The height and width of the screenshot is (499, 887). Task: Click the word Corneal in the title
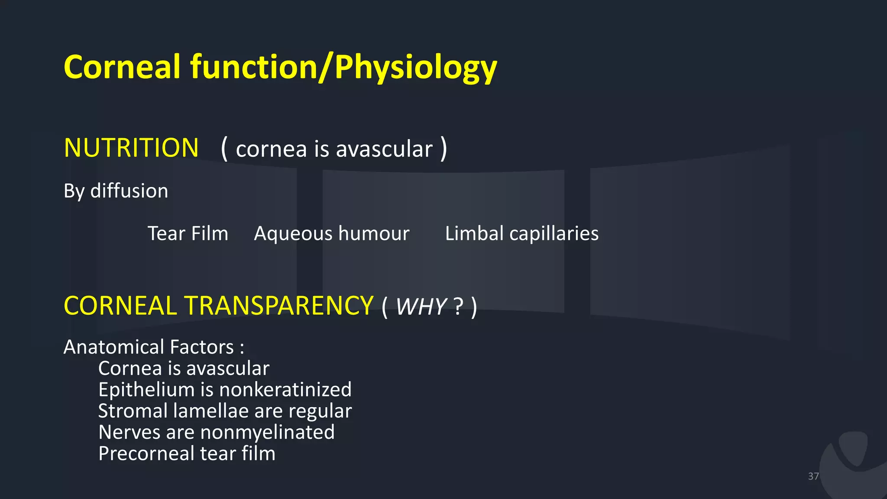(x=122, y=67)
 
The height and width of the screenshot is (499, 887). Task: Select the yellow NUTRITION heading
(x=131, y=148)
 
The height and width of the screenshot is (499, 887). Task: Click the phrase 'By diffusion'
(x=116, y=191)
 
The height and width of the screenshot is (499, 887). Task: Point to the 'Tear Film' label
(x=188, y=233)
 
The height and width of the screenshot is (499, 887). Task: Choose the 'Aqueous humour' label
(x=331, y=233)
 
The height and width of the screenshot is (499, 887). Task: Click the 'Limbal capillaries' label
(x=521, y=233)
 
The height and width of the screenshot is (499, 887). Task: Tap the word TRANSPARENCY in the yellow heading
(x=279, y=305)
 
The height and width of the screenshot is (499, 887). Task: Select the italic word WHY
(x=421, y=307)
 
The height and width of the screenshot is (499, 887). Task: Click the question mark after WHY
(x=458, y=307)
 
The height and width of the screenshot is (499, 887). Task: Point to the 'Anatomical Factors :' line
(x=154, y=347)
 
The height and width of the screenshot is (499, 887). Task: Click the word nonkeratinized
(x=285, y=389)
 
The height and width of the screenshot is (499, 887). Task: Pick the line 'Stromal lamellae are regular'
(x=225, y=411)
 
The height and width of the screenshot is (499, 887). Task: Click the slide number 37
(x=813, y=476)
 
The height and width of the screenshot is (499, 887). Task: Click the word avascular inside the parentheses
(x=384, y=149)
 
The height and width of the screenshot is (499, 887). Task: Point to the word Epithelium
(x=146, y=389)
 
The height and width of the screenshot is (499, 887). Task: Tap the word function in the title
(x=253, y=67)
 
